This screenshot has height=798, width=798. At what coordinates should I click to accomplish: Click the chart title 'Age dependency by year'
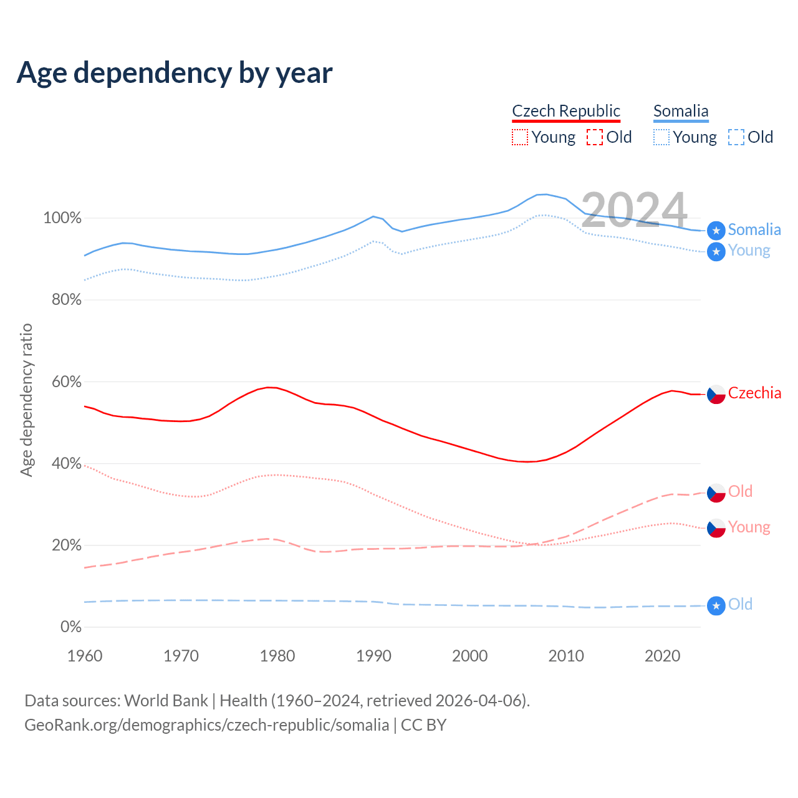click(x=175, y=73)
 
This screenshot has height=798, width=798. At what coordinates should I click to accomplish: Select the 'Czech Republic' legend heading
click(x=566, y=111)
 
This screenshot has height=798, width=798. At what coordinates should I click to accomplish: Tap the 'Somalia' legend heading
click(x=681, y=111)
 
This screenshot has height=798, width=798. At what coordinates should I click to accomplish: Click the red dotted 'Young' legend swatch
click(x=519, y=137)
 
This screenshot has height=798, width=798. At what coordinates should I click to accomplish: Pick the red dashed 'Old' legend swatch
click(x=595, y=137)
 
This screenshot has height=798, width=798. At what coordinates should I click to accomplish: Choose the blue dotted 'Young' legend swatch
click(x=661, y=137)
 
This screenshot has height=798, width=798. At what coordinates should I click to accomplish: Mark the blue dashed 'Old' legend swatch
click(x=736, y=137)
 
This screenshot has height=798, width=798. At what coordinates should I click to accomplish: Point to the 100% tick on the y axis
click(x=62, y=218)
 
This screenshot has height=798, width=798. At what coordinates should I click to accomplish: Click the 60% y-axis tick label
click(x=66, y=382)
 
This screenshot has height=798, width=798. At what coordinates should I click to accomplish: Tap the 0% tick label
click(x=71, y=627)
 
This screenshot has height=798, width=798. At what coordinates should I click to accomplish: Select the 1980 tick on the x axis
click(x=277, y=656)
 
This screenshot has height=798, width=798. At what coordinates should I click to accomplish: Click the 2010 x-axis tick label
click(x=566, y=656)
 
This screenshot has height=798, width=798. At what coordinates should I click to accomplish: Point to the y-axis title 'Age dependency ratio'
click(x=26, y=400)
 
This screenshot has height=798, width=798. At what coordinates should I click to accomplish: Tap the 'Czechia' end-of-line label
click(x=754, y=393)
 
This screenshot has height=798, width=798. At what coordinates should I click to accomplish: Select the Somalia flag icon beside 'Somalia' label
click(x=716, y=231)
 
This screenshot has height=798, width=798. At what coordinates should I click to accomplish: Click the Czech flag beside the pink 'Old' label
click(x=716, y=493)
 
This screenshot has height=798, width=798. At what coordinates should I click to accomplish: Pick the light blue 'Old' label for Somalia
click(x=740, y=605)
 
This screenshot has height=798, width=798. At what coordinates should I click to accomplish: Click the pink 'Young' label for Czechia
click(x=749, y=527)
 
